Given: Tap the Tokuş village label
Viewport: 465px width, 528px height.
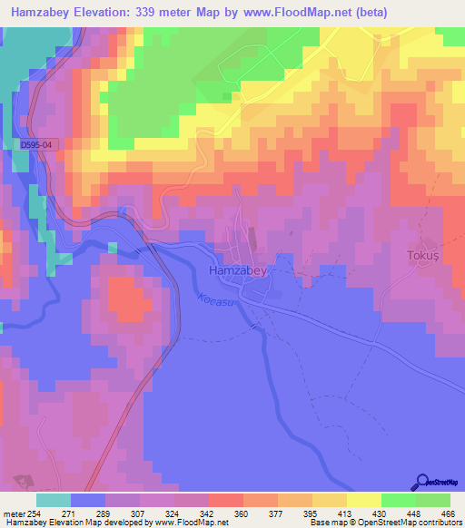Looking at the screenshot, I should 422,256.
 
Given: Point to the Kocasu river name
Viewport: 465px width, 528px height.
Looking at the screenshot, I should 215,305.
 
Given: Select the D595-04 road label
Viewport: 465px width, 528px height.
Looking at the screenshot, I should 35,142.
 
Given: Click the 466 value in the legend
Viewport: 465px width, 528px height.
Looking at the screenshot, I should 449,513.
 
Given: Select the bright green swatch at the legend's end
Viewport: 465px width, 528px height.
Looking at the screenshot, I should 432,500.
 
